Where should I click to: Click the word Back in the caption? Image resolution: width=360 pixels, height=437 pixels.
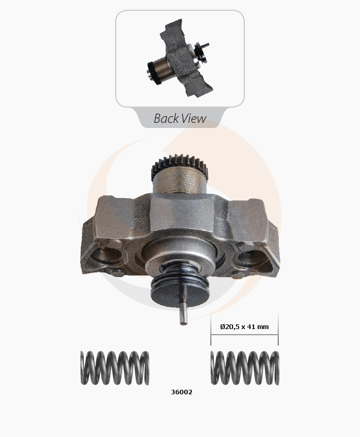click(x=166, y=118)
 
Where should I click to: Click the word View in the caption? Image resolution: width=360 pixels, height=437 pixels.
click(x=194, y=118)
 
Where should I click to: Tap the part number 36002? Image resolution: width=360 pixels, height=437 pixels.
click(x=182, y=392)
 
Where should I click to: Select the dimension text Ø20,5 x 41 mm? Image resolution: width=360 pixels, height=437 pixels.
click(x=244, y=326)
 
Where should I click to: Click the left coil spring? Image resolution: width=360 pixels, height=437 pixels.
click(x=115, y=368)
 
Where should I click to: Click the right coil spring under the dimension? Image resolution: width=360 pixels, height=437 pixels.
click(x=245, y=368)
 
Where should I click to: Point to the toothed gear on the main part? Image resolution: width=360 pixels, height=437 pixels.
click(x=180, y=165)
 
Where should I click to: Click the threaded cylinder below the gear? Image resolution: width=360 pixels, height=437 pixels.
click(x=180, y=180)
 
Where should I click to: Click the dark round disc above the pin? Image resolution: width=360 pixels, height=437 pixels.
click(x=180, y=293)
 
